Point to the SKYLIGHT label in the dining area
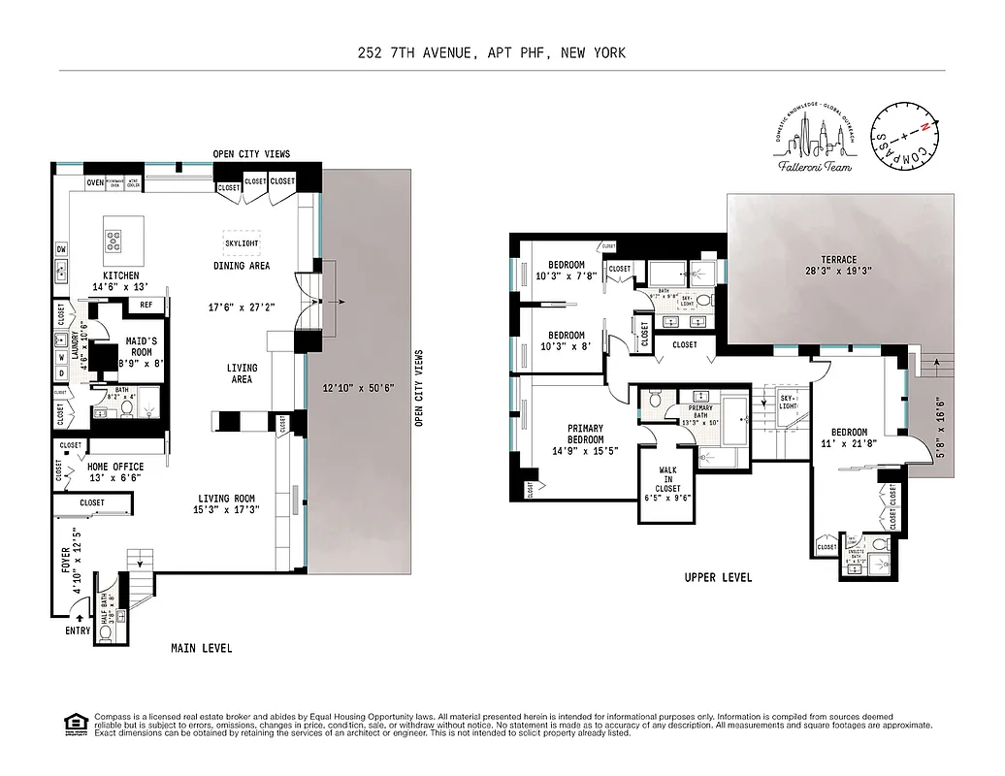point(242,243)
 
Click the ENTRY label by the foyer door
point(78,630)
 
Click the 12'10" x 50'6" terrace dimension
point(357,389)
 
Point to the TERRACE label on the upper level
point(838,260)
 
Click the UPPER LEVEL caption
point(718,577)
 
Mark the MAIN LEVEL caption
point(201,648)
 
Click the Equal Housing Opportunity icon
point(73,724)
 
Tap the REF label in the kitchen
point(146,305)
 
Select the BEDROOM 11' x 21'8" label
point(848,438)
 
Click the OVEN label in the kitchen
point(94,182)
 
